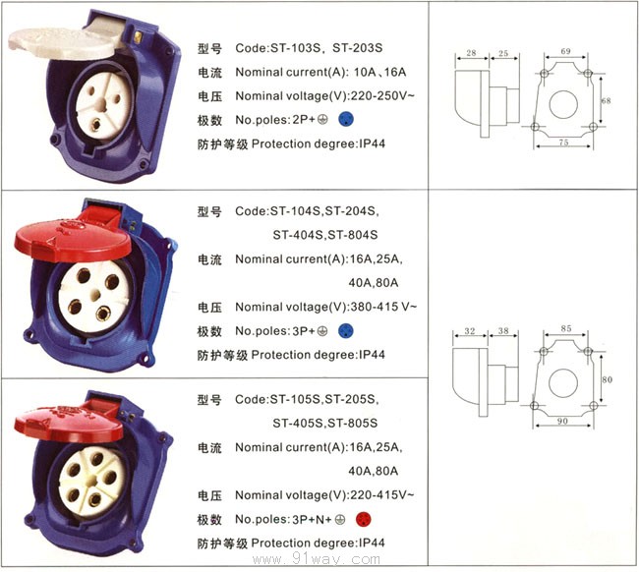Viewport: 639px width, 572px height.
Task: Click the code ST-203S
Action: (358, 48)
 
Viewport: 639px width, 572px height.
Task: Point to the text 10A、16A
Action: (380, 72)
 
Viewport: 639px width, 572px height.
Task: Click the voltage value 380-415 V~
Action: (383, 307)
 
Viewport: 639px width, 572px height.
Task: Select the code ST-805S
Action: (353, 423)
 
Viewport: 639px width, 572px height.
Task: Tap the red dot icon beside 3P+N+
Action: (363, 520)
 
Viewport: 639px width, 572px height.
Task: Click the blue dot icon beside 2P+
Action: (346, 119)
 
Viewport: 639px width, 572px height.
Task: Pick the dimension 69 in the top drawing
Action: (565, 51)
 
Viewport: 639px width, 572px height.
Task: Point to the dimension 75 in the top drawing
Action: (563, 143)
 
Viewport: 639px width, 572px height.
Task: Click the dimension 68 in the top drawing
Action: (606, 100)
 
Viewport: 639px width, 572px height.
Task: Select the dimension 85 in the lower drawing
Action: (566, 328)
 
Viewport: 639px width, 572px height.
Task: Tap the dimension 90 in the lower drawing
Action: (562, 421)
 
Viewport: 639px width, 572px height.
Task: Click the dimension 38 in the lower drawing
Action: (503, 331)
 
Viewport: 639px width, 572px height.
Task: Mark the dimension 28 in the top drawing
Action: (471, 53)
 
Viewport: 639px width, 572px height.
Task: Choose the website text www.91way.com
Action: (317, 559)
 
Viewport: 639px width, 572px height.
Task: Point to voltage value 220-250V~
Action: (382, 95)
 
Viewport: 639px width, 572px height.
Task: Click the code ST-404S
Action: (297, 235)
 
